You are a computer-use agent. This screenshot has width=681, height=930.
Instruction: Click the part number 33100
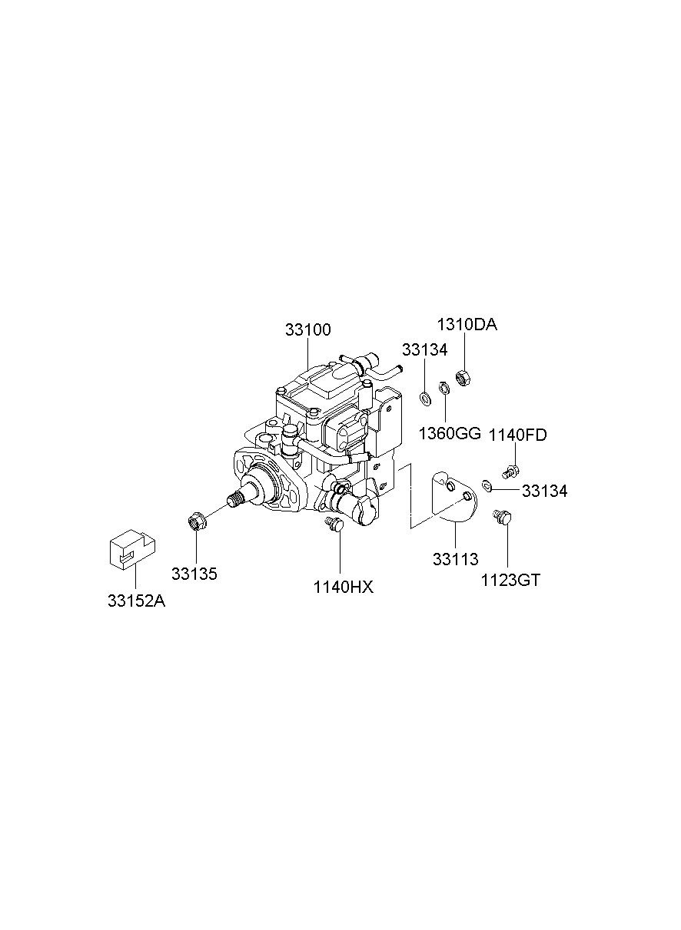coord(308,329)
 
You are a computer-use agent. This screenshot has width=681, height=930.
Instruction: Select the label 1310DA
coord(467,325)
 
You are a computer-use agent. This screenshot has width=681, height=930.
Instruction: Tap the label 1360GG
coord(449,434)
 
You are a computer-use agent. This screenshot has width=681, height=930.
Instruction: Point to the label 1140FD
coord(517,435)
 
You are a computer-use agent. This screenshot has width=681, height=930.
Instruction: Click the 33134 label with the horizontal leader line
coord(544,491)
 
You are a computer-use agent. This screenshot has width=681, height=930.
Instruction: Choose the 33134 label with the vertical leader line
coord(424,350)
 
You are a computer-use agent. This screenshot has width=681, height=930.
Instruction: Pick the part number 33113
coord(455,559)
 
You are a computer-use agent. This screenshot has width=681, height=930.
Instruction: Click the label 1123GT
coord(510,581)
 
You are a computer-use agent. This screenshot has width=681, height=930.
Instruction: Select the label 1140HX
coord(344,587)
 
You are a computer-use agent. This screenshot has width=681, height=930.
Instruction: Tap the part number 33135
coord(194,574)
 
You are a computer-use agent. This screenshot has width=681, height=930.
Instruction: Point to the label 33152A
coord(136,601)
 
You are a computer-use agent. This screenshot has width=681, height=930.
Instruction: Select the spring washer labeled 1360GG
coord(444,388)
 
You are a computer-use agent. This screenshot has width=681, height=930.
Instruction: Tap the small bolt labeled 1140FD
coord(510,471)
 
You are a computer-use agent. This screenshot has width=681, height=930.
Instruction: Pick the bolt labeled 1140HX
coord(335,524)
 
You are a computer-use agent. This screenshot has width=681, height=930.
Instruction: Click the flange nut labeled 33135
coord(196,520)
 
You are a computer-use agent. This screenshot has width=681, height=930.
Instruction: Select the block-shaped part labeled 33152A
coord(132,547)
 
